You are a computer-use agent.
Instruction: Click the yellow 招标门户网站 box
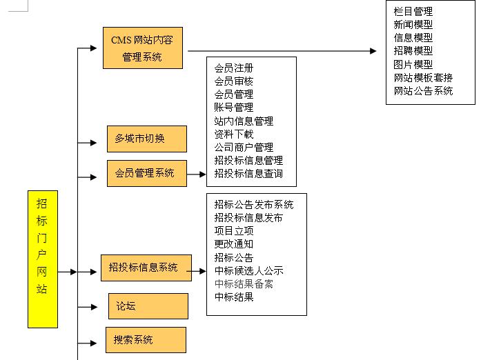(x=43, y=259)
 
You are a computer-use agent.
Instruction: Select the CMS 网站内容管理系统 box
(x=142, y=48)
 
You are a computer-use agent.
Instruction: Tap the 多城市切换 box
(x=146, y=139)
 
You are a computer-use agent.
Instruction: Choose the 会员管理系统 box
(x=146, y=172)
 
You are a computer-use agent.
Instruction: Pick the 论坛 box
(x=148, y=306)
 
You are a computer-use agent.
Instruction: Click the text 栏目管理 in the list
(x=413, y=12)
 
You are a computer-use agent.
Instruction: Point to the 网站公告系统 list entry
(x=423, y=90)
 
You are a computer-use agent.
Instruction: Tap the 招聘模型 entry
(x=413, y=51)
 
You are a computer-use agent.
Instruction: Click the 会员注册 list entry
(x=233, y=68)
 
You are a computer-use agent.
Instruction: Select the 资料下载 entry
(x=233, y=134)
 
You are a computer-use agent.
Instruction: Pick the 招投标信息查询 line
(x=248, y=173)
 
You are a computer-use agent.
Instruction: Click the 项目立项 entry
(x=233, y=230)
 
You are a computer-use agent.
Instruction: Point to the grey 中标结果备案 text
(x=244, y=283)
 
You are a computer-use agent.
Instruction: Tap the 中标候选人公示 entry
(x=248, y=270)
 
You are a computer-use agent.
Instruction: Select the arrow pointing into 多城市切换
(x=88, y=143)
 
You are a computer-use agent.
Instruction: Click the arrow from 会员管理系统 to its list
(x=197, y=174)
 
